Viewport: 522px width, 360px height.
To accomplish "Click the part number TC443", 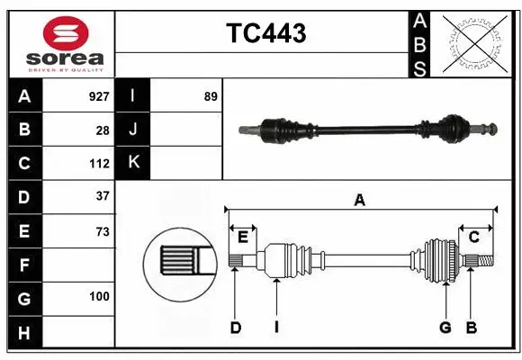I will point(265,33).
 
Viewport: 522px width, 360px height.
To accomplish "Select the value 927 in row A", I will point(98,96).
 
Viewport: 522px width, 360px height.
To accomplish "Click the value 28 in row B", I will point(102,130).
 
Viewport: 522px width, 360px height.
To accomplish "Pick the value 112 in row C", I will point(99,164).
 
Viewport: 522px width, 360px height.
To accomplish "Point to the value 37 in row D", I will point(102,196).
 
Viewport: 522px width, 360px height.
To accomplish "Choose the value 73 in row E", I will point(102,231).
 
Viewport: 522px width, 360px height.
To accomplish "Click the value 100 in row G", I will point(99,296).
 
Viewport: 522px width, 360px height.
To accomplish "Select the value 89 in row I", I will point(210,96).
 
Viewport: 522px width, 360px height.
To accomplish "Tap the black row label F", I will point(24,265).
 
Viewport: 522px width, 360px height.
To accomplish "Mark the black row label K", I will point(133,163).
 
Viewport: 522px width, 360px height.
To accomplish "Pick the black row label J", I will point(133,130).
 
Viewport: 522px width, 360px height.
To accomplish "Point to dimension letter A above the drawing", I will point(359,200).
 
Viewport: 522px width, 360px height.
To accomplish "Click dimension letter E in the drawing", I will point(243,237).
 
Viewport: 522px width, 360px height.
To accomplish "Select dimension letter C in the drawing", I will point(473,237).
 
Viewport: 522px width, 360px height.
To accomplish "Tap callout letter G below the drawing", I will point(445,328).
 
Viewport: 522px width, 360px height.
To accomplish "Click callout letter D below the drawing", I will point(235,328).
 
